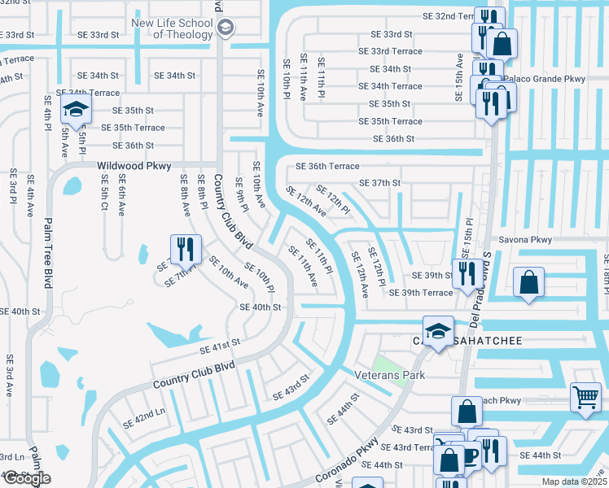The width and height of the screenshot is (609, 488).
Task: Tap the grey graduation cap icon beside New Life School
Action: [226, 28]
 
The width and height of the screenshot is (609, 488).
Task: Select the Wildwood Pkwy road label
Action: [134, 165]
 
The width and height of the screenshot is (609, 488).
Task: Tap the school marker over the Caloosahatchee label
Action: [438, 331]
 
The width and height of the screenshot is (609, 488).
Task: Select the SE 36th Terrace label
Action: [326, 166]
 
